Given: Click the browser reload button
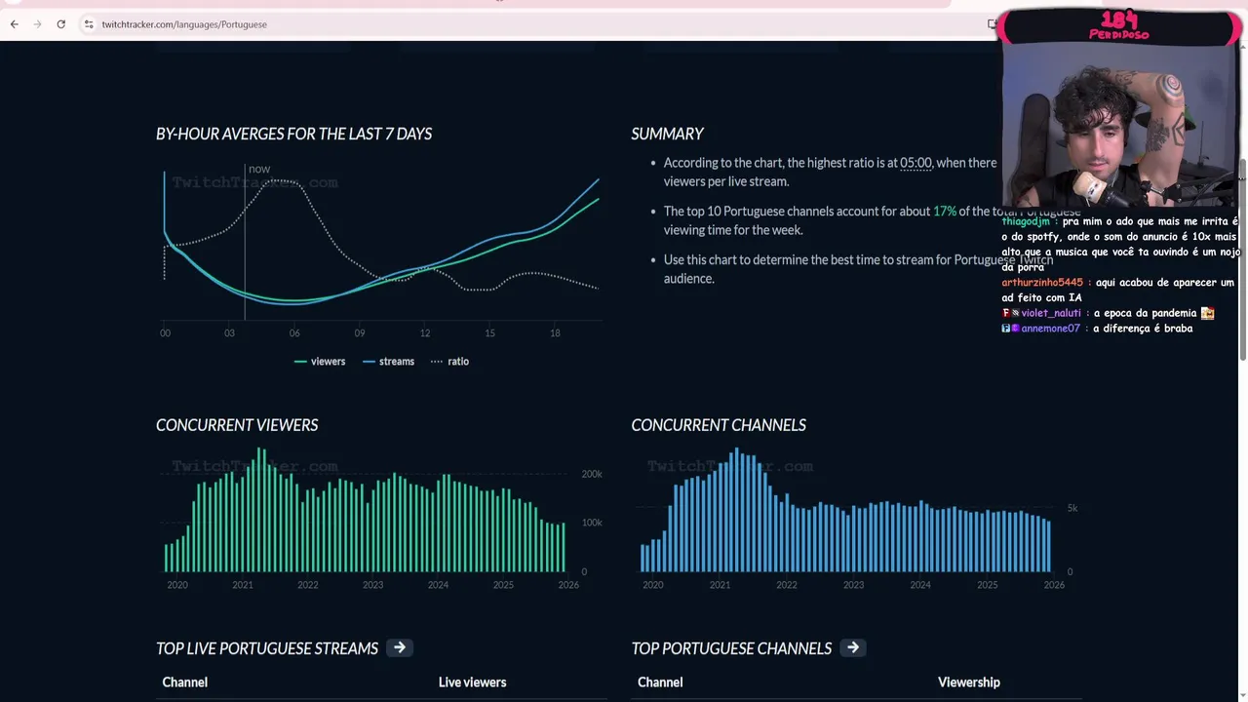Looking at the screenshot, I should [x=60, y=24].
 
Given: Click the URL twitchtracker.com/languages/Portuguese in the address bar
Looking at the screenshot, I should [x=184, y=24].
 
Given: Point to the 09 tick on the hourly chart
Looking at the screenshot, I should [x=360, y=333].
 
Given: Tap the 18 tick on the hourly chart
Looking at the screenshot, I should [x=555, y=333].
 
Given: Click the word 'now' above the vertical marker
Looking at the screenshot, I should [x=259, y=169].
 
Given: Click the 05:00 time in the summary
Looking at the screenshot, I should [x=916, y=163].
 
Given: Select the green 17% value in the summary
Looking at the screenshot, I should [x=944, y=212].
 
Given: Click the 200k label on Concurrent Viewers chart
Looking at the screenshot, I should [x=592, y=474].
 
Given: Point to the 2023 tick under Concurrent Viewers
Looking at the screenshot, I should [x=372, y=585].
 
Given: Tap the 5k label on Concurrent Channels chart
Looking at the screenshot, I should [x=1072, y=508].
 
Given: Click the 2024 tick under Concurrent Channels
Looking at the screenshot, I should [x=920, y=585].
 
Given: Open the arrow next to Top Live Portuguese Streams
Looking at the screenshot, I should [x=400, y=647].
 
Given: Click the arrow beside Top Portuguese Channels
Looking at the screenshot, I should [x=853, y=647].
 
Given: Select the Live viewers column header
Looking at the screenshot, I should [x=472, y=682].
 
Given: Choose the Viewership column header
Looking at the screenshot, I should [x=968, y=682].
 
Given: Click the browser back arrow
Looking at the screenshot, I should [x=15, y=24].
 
